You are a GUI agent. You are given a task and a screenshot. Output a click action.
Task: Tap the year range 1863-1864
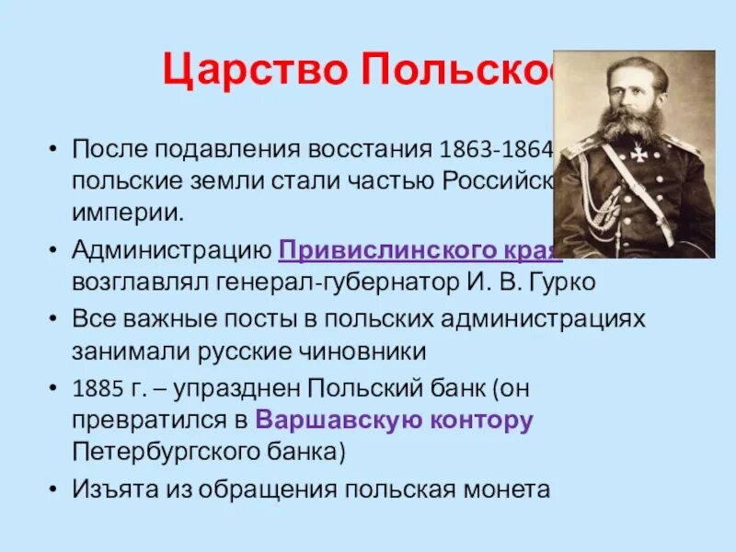coord(496,148)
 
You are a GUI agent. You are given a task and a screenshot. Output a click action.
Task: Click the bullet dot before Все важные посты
coord(54,319)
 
